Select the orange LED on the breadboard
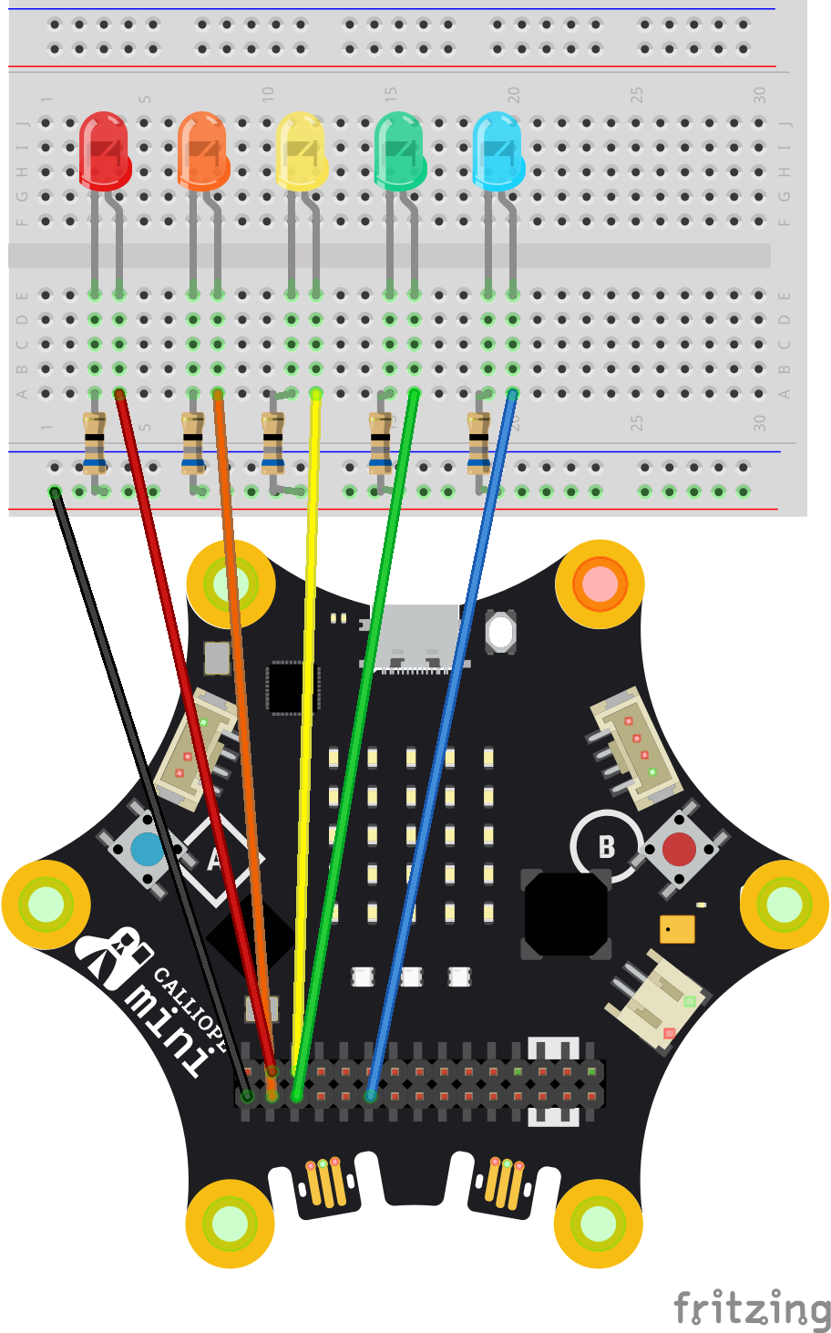[x=202, y=150]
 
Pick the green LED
[x=399, y=150]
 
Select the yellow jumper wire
[x=307, y=729]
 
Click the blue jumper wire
[x=446, y=729]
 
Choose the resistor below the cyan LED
[x=478, y=441]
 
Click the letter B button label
[x=607, y=847]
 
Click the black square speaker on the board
[x=566, y=914]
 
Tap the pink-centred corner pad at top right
[x=600, y=584]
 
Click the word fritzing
[x=751, y=1309]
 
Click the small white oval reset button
[x=500, y=632]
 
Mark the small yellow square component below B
[x=677, y=929]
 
